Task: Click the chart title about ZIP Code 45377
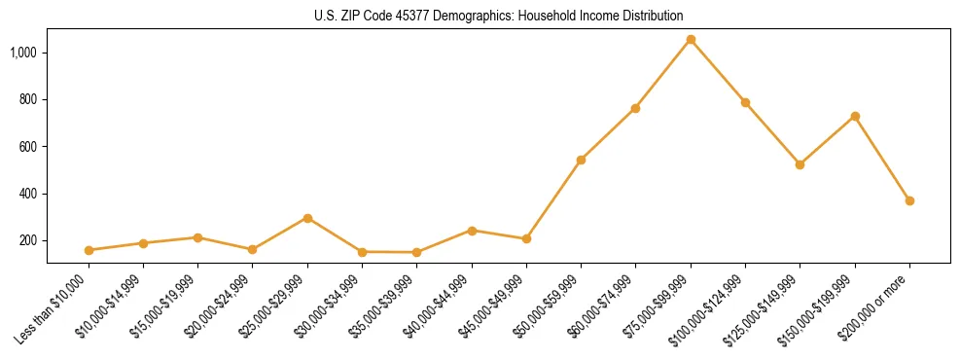point(498,16)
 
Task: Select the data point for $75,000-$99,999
point(691,40)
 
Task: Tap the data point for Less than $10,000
point(89,250)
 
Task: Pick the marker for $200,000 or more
point(909,200)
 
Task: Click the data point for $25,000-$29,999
point(307,218)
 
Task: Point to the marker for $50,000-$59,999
point(581,160)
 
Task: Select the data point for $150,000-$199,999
point(855,116)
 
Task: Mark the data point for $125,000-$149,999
point(800,164)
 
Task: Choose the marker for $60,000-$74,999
point(635,108)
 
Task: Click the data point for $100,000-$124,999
point(745,102)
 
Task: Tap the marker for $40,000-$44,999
point(472,231)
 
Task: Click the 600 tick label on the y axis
point(29,147)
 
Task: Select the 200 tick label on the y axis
point(29,241)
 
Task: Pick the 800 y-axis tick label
point(29,99)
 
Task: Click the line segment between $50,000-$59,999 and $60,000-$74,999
point(608,134)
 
